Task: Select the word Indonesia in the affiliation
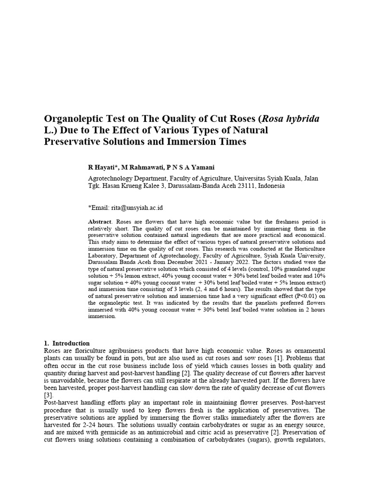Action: (x=271, y=185)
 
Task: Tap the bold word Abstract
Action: (x=99, y=221)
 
